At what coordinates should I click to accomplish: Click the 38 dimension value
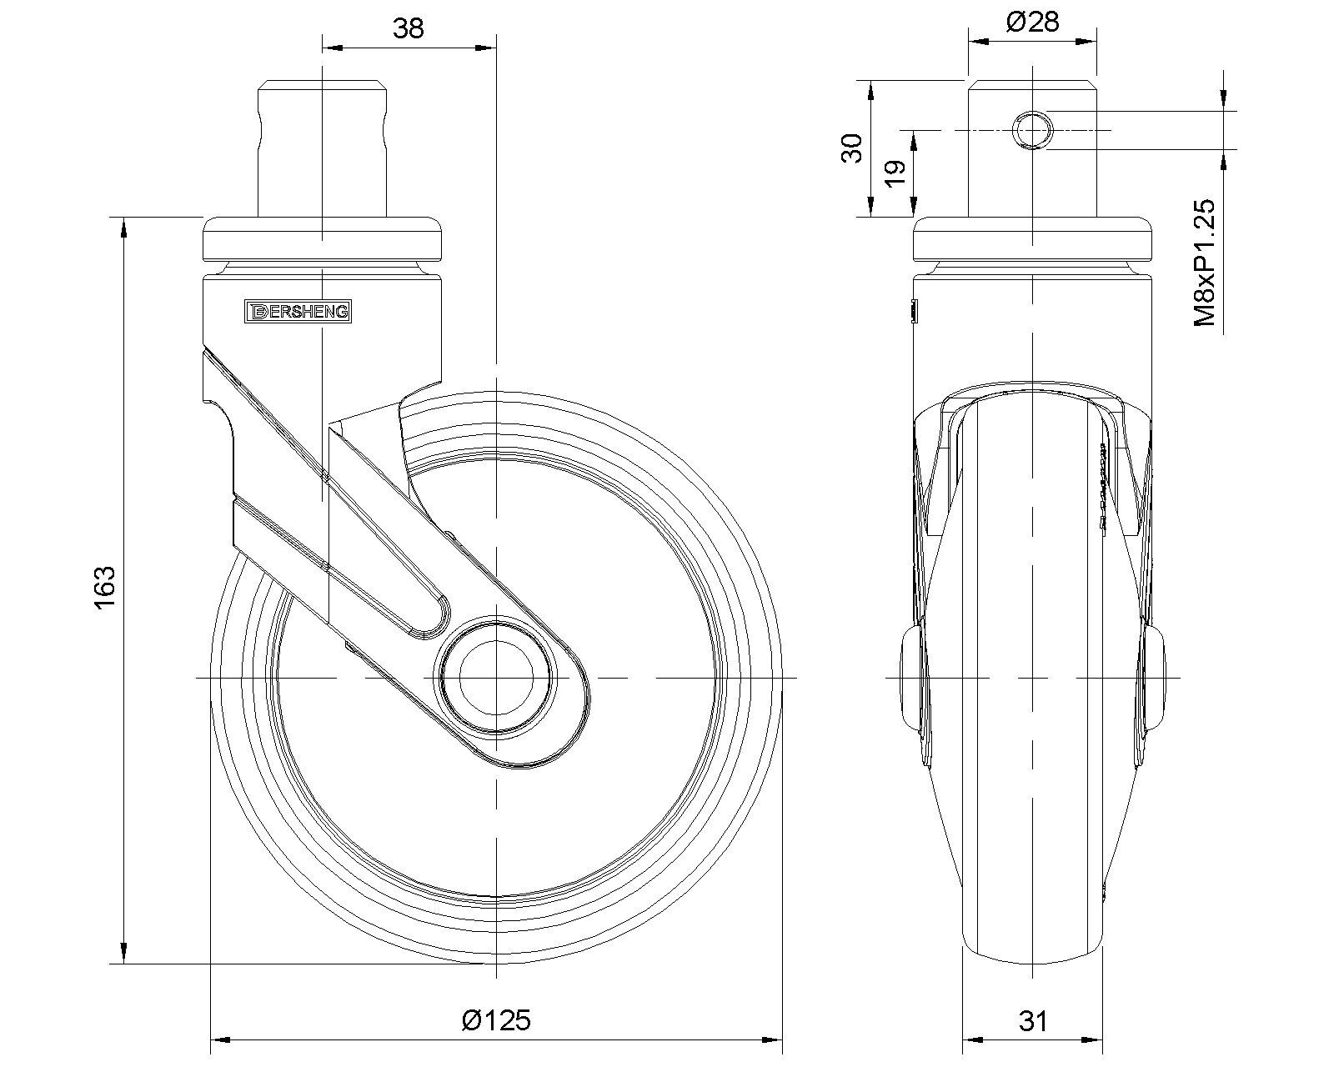coord(409,28)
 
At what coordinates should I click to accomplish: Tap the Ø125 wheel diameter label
coord(496,1019)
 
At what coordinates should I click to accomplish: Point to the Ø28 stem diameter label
coord(1032,22)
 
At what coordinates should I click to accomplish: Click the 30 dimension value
coord(851,149)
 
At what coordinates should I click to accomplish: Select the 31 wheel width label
coord(1033,1020)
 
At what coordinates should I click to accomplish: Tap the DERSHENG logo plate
coord(300,312)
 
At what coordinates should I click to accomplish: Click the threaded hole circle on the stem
coord(1032,130)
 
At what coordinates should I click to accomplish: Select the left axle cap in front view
coord(913,677)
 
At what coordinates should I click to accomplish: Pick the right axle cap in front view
coord(1155,677)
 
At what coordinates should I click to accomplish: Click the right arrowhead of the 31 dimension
coord(1098,1039)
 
